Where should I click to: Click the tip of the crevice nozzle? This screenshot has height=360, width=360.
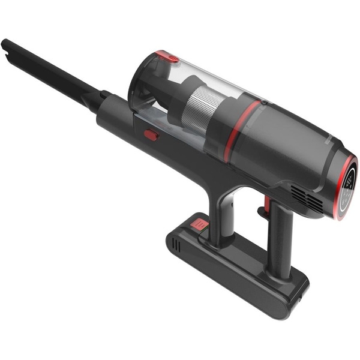point(7,46)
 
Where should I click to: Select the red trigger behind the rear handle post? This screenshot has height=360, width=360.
point(262,211)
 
